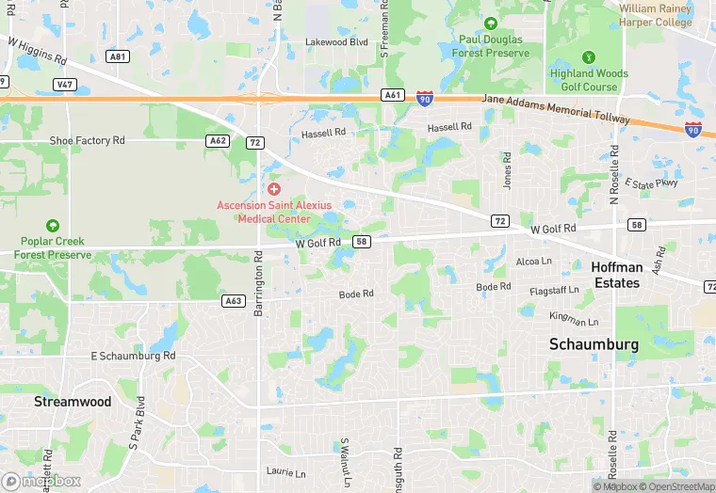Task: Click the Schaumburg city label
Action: pos(594,344)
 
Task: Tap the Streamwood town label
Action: pos(73,402)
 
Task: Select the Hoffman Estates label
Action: pos(617,275)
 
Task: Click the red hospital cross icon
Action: pos(274,189)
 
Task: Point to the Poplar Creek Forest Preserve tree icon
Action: pos(53,226)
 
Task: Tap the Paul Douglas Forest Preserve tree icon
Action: pos(490,24)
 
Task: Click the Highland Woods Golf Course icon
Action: pos(590,57)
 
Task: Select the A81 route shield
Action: pos(118,56)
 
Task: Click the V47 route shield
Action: pos(64,84)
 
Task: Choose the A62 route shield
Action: pos(218,140)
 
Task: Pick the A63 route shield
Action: pos(234,301)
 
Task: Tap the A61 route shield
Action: pos(393,95)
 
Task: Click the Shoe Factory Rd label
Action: pos(87,140)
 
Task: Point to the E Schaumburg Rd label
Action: pos(133,357)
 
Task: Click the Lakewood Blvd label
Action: pos(336,42)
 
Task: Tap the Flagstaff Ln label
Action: pos(553,291)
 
